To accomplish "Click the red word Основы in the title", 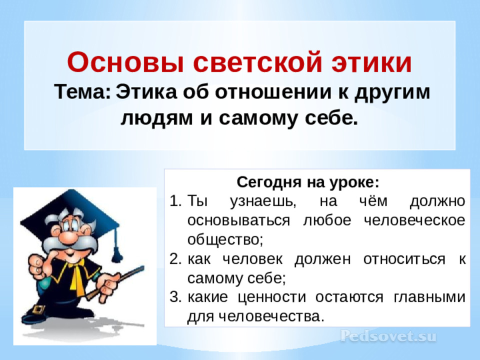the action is [x=126, y=62].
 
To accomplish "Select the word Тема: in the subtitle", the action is [x=82, y=91].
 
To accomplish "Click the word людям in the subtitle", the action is [x=156, y=118].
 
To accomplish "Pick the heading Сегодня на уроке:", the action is [x=308, y=182].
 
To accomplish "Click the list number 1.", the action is [x=175, y=201].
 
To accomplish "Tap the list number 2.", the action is [x=175, y=259].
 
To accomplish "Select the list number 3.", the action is [x=175, y=297].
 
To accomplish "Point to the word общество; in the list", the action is [x=225, y=239].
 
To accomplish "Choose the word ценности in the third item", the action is [x=272, y=297].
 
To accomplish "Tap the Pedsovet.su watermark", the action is [x=388, y=336].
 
